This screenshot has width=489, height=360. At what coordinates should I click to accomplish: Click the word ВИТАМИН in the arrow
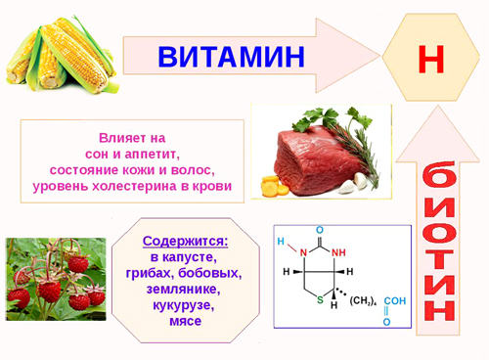[x=231, y=55]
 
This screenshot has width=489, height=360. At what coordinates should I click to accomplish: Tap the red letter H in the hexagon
[x=430, y=57]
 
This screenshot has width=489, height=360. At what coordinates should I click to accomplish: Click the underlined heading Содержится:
[x=185, y=241]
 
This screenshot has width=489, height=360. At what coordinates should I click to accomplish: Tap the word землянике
[x=185, y=290]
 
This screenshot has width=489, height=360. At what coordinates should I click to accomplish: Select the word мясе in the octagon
[x=185, y=322]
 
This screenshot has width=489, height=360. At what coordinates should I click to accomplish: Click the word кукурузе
[x=185, y=305]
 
